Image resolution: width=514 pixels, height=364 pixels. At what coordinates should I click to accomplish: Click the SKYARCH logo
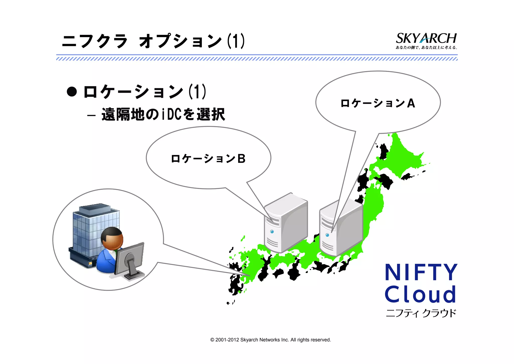[x=426, y=38]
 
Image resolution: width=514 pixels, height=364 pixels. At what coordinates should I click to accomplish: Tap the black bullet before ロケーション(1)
[x=72, y=92]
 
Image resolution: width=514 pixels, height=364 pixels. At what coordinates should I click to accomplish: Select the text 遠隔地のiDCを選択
[x=163, y=115]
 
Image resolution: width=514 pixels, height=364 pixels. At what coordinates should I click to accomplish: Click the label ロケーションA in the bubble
[x=377, y=103]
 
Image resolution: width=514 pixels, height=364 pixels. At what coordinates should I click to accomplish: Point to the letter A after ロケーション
[x=411, y=103]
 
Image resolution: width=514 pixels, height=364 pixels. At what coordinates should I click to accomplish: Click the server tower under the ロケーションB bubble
[x=286, y=224]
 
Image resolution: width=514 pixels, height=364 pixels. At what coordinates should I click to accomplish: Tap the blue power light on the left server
[x=272, y=232]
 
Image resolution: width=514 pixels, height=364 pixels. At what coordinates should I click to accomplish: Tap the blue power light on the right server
[x=327, y=235]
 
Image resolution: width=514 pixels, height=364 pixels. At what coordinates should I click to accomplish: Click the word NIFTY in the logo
[x=421, y=272]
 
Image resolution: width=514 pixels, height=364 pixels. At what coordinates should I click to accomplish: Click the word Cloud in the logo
[x=420, y=294]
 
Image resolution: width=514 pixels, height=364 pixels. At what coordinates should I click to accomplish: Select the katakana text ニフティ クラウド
[x=421, y=313]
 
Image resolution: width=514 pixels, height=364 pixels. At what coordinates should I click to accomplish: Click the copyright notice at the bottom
[x=271, y=340]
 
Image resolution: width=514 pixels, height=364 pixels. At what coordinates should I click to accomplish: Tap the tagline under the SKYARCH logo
[x=426, y=48]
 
